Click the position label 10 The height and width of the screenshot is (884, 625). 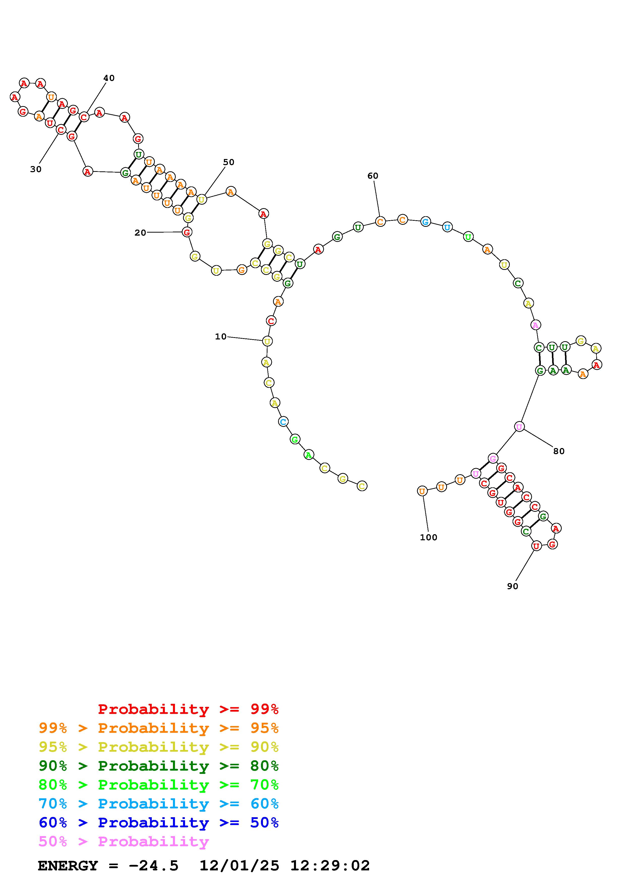(221, 336)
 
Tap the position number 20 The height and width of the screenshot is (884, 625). (140, 233)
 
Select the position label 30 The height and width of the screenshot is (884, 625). (36, 169)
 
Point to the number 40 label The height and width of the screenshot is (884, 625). (109, 78)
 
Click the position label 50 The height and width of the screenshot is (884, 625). (229, 162)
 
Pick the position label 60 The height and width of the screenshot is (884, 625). (373, 176)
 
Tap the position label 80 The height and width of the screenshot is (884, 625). (559, 451)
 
